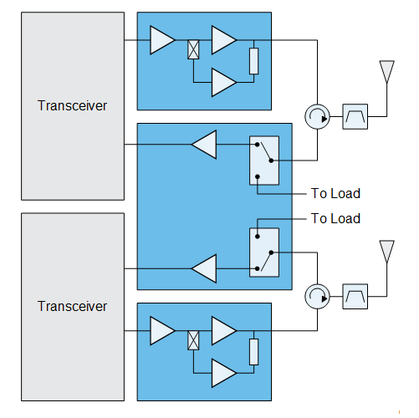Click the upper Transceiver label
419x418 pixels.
72,105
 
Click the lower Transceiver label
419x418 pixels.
72,306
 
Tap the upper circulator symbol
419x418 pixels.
317,117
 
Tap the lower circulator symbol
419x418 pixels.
317,297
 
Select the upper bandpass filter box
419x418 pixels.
355,116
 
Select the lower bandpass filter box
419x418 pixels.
355,296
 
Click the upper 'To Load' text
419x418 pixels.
335,193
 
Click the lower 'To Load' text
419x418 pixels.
335,218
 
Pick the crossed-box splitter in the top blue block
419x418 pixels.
193,49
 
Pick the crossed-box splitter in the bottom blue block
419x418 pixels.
193,340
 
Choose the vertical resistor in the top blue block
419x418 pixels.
253,61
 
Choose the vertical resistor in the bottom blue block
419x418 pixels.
253,352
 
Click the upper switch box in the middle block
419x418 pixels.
264,161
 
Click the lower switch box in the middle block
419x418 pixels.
264,252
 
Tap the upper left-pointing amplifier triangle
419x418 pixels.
204,145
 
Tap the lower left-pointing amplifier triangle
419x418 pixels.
204,268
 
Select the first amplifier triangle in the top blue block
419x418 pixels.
162,40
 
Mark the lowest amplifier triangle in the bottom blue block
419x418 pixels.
224,373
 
